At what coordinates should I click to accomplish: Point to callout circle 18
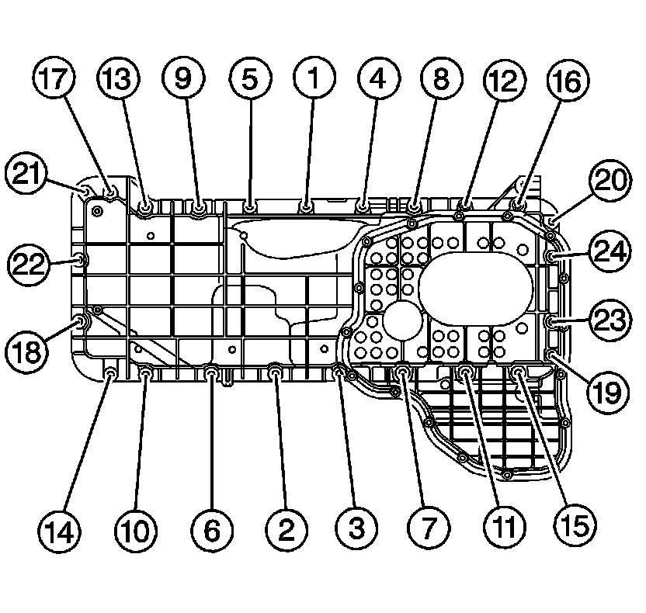[x=28, y=353]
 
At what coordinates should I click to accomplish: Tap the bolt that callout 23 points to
[x=552, y=321]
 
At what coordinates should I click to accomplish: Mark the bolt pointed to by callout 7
[x=403, y=375]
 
